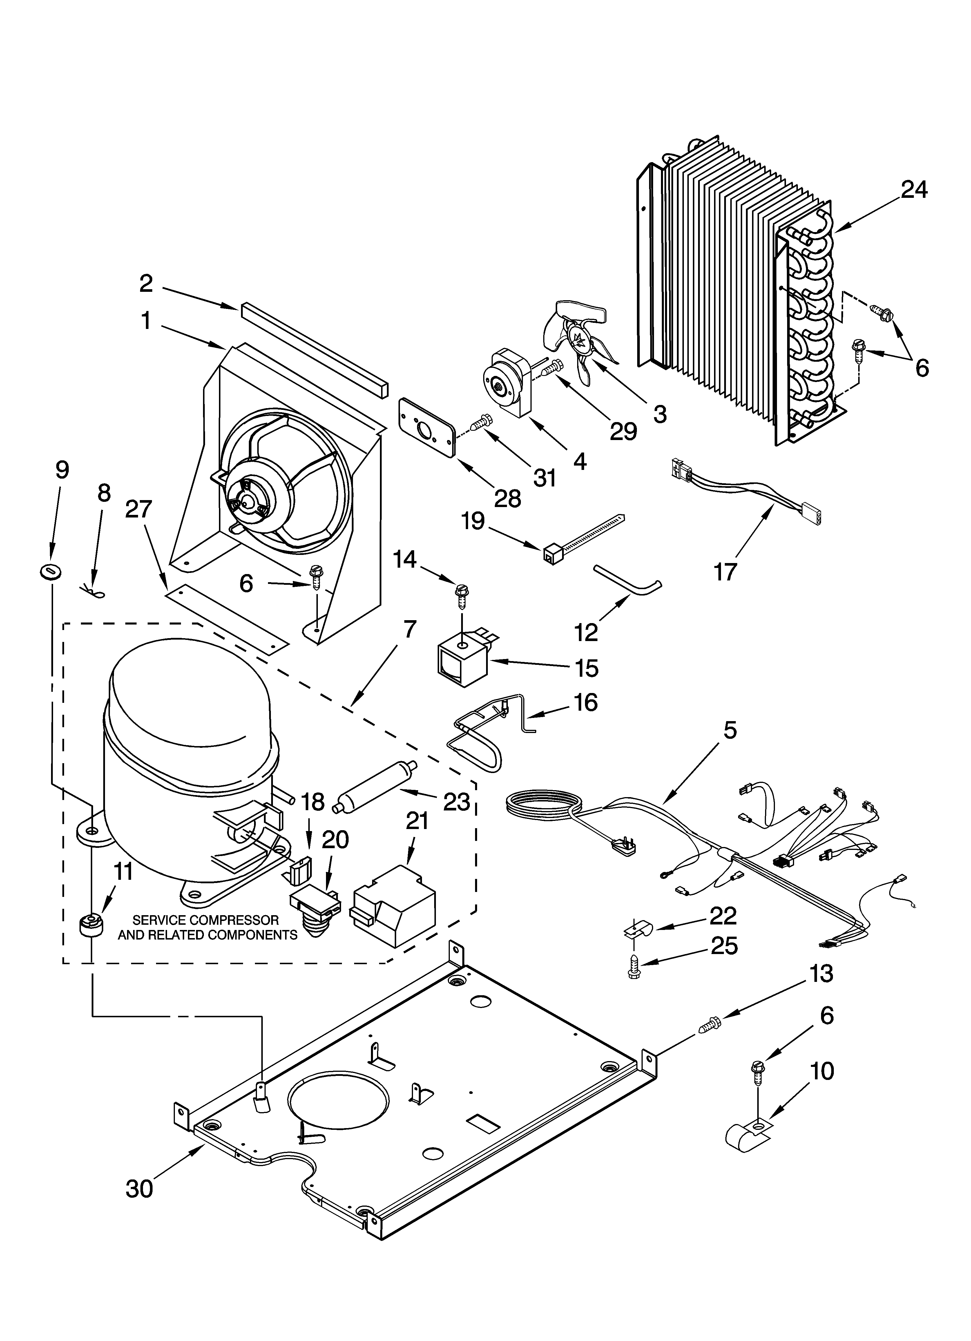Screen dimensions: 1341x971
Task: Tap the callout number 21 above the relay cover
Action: point(417,822)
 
